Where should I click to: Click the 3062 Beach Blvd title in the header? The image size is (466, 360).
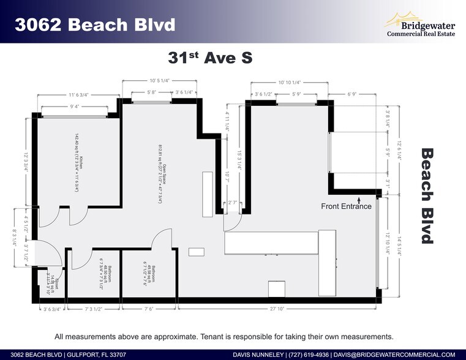click(x=95, y=24)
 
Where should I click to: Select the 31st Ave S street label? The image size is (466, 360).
click(x=211, y=58)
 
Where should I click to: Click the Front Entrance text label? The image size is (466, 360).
click(x=346, y=206)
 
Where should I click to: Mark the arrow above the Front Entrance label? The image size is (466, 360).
click(x=359, y=198)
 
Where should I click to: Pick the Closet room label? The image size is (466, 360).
click(x=51, y=281)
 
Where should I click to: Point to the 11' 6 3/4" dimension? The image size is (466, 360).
click(x=78, y=95)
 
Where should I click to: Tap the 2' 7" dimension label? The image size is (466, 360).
click(x=233, y=202)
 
